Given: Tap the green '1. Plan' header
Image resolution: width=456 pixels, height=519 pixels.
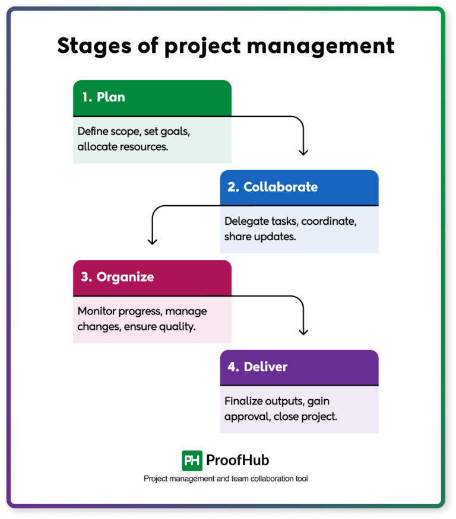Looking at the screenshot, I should [152, 98].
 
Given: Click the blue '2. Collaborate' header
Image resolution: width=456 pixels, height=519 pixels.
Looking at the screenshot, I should [299, 187].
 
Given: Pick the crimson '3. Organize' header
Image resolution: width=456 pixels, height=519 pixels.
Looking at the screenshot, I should [152, 277].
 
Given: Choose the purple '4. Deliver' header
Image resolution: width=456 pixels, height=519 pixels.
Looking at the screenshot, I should [299, 367].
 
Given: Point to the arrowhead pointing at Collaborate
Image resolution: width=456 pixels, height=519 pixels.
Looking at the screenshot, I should [303, 152].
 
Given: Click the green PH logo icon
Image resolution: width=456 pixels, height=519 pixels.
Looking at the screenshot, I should [192, 460].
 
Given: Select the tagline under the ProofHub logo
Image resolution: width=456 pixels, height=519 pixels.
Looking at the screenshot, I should [226, 479].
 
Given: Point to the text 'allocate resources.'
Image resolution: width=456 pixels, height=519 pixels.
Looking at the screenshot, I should [123, 146].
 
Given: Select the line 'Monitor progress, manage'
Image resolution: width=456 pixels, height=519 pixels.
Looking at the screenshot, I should [142, 311].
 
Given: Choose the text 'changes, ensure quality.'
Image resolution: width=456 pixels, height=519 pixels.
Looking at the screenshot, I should [136, 326].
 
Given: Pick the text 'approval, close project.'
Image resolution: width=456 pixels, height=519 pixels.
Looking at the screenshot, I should [281, 416].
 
